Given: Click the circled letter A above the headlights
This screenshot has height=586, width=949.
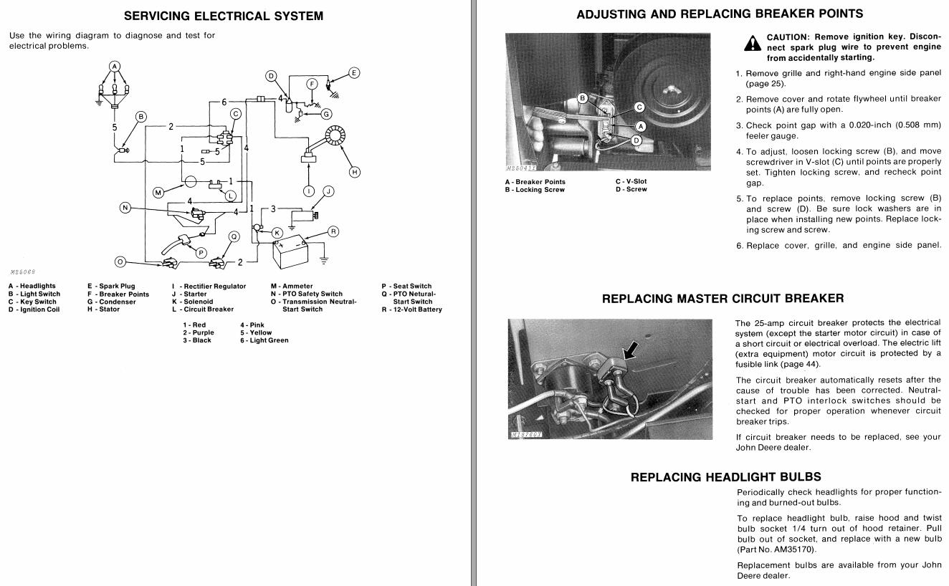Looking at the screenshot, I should click(113, 67).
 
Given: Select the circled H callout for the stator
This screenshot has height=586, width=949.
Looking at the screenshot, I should click(354, 172).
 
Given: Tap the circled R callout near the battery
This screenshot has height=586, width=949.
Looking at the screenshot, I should click(333, 231).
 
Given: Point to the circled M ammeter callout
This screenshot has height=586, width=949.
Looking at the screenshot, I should click(159, 192).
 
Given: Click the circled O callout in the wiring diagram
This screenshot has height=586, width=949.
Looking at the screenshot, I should click(120, 261).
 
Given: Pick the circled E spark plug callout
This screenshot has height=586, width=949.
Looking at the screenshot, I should click(354, 72).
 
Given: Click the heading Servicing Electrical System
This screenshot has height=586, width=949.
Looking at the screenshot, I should click(224, 16).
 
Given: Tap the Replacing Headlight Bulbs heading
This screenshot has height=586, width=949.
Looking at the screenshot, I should click(725, 476).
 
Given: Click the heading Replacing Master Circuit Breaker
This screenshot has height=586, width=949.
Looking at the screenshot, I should click(723, 298).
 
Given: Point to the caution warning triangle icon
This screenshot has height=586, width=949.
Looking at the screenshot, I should click(752, 44).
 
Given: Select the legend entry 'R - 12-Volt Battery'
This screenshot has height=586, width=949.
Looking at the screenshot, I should click(411, 309).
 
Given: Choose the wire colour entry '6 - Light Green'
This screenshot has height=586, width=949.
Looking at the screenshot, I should click(264, 340).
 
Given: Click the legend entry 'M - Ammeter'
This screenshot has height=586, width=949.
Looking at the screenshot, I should click(292, 286).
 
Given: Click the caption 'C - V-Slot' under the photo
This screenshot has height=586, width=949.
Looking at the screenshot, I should click(631, 181).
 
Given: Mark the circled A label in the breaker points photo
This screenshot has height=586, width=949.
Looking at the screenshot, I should click(641, 126).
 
